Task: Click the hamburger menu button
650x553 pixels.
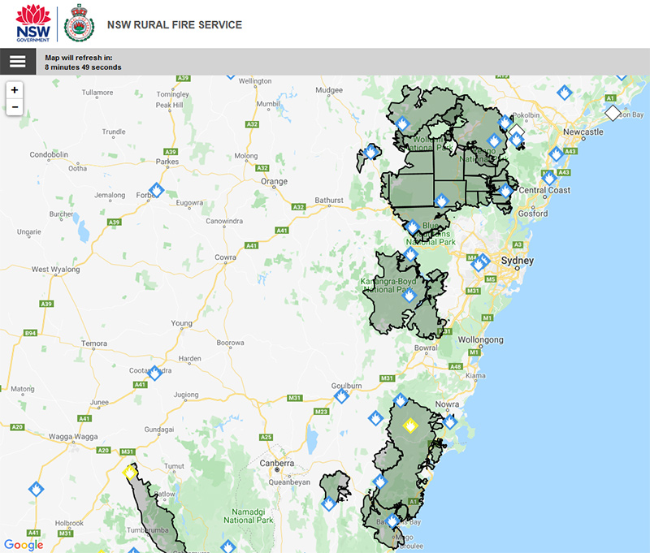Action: pos(18,62)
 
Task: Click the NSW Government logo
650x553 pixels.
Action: pos(32,23)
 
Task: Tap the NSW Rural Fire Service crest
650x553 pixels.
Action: pos(79,23)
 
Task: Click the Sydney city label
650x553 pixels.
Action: pos(518,261)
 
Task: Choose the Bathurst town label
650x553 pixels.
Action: pos(330,200)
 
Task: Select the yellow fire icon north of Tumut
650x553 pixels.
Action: pos(128,471)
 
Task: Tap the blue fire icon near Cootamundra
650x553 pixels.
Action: pos(154,372)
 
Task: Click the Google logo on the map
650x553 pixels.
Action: pos(24,544)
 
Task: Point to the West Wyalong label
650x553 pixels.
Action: pos(55,269)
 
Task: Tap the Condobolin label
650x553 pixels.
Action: pos(51,154)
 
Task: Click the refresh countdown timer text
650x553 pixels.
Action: pos(83,63)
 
